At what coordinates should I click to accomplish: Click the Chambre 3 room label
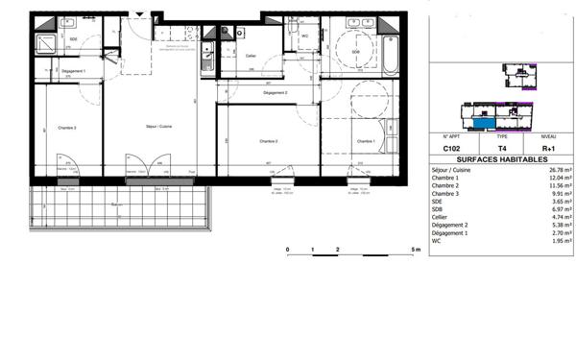67,128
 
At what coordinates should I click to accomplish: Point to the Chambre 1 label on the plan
365,141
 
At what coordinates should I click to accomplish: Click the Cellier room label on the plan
251,56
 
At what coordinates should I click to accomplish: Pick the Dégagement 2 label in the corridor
276,92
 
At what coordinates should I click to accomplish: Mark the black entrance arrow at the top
142,13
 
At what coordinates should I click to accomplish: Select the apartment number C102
451,149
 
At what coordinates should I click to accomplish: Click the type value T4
501,149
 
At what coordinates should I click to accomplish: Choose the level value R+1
549,149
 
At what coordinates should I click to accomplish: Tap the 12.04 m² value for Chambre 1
558,178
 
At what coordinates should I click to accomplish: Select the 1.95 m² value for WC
560,241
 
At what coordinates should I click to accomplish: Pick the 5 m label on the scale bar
415,249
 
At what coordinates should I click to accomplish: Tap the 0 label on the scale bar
288,249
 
